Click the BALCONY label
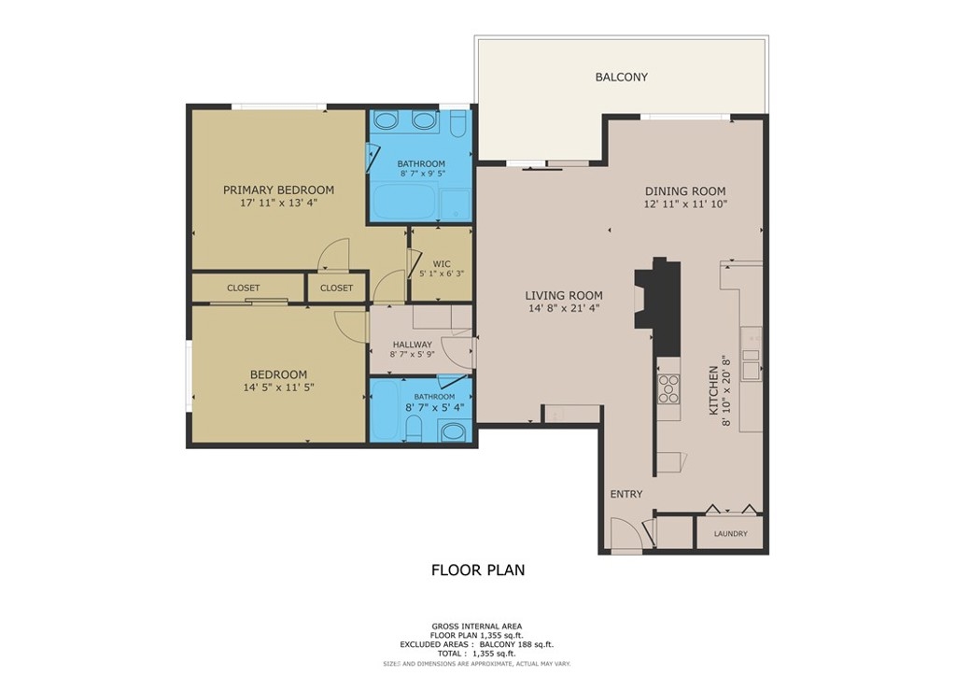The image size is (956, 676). (x=621, y=77)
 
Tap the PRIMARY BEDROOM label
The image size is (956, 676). (x=278, y=190)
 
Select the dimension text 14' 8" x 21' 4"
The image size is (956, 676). (x=564, y=308)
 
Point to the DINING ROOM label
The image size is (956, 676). (x=685, y=191)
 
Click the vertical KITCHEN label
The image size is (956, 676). (x=712, y=390)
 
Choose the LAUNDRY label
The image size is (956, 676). (x=730, y=533)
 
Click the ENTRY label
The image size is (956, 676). (x=626, y=494)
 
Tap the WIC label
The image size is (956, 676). (x=442, y=264)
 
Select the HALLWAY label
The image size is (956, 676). (x=412, y=345)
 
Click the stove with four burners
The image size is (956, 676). (x=668, y=388)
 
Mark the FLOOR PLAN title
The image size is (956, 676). (x=478, y=570)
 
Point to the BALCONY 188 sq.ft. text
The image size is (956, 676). (x=517, y=644)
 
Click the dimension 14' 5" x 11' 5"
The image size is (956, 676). (x=278, y=387)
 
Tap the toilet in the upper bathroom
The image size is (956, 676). (x=457, y=124)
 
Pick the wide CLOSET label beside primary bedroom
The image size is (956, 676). (x=244, y=288)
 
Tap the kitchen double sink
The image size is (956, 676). (x=752, y=363)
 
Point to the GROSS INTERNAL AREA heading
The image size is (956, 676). (x=477, y=626)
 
